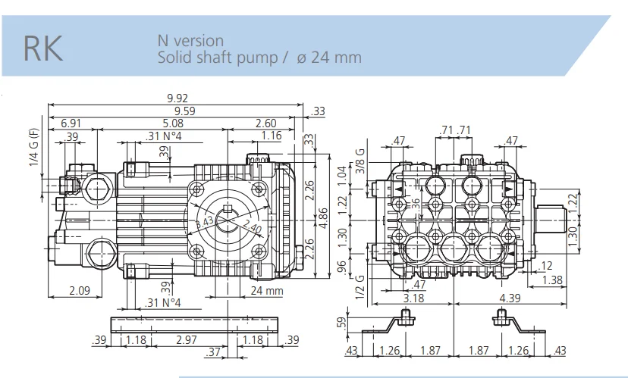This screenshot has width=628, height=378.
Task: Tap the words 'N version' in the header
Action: pos(190,40)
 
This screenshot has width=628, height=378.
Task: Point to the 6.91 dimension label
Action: pos(71,123)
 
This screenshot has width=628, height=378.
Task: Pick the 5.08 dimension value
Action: pos(172,123)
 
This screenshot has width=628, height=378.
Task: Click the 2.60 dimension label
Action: pos(265,123)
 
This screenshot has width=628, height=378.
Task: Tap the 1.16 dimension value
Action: pos(271,136)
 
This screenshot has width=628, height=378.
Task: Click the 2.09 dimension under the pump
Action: pos(80,290)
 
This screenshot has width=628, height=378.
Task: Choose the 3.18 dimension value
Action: pos(413,298)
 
